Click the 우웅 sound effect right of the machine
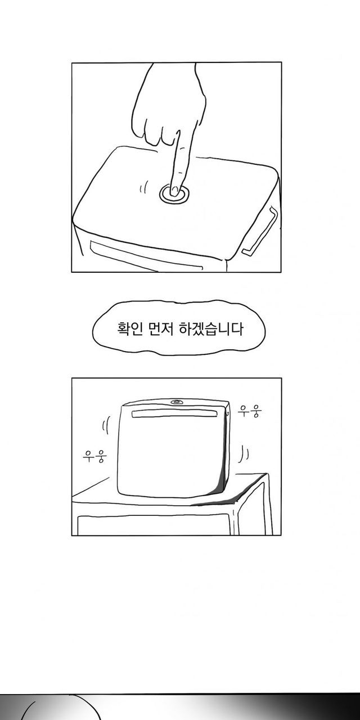[250, 411]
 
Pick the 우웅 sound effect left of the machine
[94, 456]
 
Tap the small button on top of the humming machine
[177, 402]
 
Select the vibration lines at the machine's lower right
[244, 453]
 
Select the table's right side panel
[253, 508]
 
